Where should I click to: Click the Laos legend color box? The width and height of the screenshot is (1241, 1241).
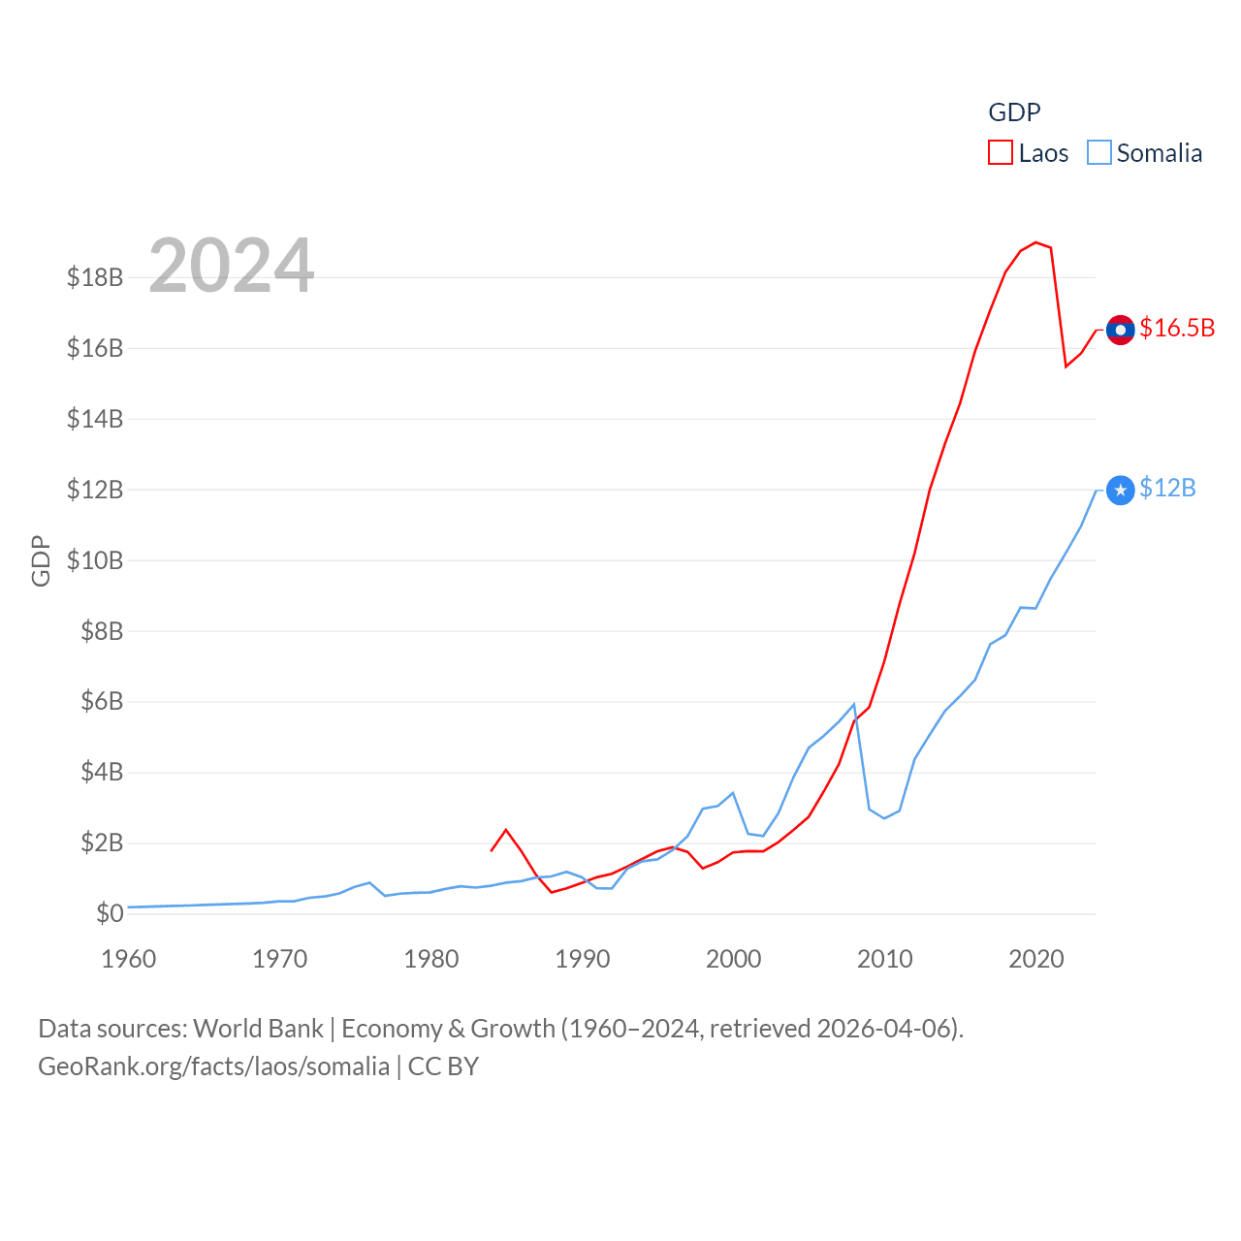[1001, 153]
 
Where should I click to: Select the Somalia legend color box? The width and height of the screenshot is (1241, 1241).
[1098, 153]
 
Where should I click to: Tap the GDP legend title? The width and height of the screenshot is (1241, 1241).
[1014, 112]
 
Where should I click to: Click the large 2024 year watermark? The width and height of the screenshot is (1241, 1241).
[231, 266]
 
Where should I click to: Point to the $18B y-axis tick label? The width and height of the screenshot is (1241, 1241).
[95, 277]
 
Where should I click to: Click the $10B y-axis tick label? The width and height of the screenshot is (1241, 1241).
[95, 560]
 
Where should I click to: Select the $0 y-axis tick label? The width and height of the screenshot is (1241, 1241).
[110, 913]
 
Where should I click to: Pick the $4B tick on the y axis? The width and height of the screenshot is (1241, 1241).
[102, 772]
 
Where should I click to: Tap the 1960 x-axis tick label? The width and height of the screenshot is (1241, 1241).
[129, 959]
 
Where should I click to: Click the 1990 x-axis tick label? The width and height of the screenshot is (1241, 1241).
[583, 959]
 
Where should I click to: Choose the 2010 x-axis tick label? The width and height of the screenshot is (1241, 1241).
[885, 959]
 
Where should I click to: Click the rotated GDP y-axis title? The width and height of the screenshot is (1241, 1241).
[41, 560]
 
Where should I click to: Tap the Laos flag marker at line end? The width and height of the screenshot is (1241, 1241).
[1121, 330]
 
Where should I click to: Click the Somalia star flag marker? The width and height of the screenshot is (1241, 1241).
[1121, 491]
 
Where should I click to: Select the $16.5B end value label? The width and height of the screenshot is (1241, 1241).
[1177, 328]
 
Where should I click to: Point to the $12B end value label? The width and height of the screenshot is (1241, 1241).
[1167, 488]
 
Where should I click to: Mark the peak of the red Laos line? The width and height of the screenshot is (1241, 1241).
[1035, 242]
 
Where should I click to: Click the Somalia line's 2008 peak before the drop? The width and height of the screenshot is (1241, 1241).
[854, 705]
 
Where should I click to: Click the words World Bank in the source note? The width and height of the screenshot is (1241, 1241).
[258, 1029]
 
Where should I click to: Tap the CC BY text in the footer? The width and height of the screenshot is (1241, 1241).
[443, 1066]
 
